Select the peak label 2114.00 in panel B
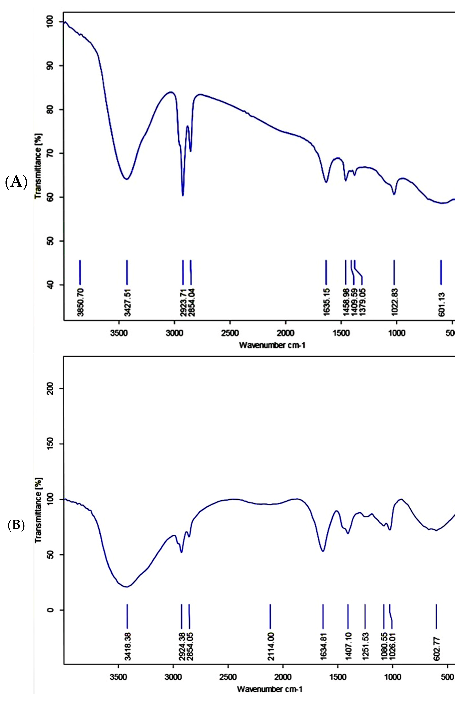pos(271,646)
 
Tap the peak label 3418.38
pos(127,646)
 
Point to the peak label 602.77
pos(437,646)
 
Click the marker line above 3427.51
pos(127,272)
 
